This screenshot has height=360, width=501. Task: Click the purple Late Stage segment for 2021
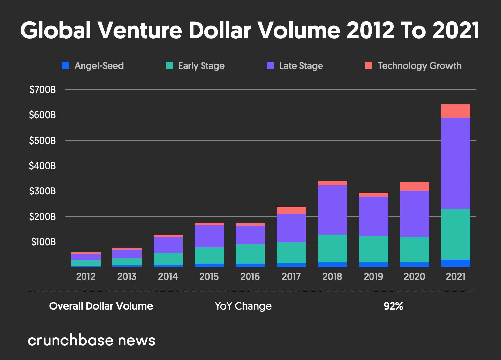tap(456, 163)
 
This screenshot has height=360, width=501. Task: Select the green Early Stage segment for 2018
tap(332, 248)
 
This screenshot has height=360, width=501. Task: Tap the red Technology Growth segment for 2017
tap(291, 210)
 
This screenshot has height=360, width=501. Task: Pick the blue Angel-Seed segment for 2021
tap(456, 263)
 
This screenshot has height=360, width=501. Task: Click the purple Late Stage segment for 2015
tap(209, 236)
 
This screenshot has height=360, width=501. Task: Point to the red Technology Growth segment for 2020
tap(415, 186)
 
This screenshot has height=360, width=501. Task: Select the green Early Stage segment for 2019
tap(373, 249)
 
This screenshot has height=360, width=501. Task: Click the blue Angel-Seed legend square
tap(66, 66)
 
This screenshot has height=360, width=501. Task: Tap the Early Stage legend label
tap(202, 66)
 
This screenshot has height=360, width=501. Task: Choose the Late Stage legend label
tap(301, 66)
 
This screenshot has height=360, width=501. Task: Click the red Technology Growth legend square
tap(369, 66)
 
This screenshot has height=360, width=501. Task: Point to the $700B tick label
tap(42, 90)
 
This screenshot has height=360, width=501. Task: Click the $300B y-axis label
tap(42, 191)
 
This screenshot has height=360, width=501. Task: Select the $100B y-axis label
tap(43, 242)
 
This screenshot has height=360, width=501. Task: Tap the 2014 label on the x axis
tap(168, 277)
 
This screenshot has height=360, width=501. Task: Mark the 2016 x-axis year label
tap(250, 277)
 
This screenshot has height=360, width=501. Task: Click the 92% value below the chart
tap(393, 306)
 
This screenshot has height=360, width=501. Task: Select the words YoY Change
tap(243, 306)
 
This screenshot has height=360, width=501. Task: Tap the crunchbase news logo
tap(91, 340)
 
